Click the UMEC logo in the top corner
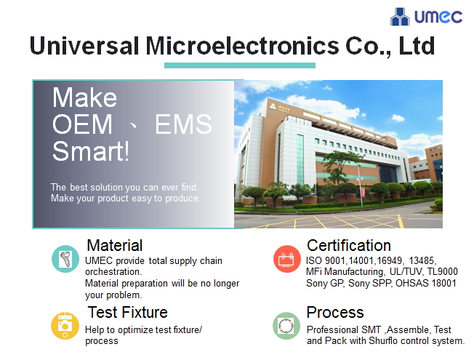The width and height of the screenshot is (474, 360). click(426, 16)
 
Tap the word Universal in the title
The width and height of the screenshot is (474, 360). click(84, 46)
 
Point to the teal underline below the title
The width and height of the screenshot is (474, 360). click(229, 65)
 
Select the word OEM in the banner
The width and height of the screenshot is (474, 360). click(82, 125)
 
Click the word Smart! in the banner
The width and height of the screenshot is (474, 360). click(91, 152)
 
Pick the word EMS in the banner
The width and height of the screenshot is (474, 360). click(183, 125)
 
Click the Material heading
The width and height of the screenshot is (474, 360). click(114, 245)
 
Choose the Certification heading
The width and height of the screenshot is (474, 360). click(348, 245)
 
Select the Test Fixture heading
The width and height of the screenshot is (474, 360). click(127, 312)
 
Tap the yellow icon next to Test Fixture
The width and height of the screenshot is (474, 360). click(65, 325)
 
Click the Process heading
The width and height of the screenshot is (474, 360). click(334, 312)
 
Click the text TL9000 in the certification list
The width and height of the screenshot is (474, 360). click(442, 271)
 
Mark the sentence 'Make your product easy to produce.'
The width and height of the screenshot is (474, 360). click(126, 198)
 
